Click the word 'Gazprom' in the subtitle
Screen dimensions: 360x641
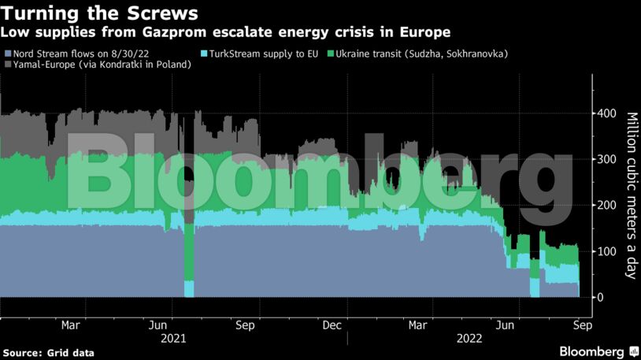pos(154,32)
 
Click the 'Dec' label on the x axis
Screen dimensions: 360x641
pos(332,325)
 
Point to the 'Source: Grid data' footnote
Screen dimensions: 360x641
pos(48,353)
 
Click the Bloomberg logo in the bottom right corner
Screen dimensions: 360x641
pos(592,351)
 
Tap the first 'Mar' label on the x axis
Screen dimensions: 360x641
pos(70,325)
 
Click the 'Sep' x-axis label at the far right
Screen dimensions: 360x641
pos(580,325)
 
